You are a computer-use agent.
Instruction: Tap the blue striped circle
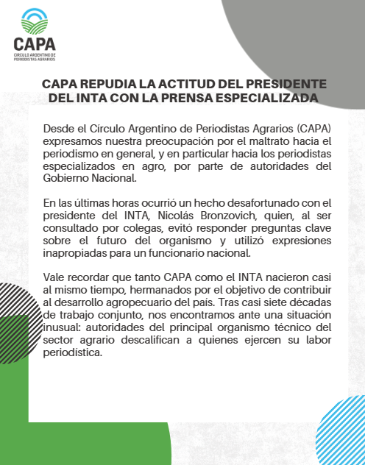tap(342, 434)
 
